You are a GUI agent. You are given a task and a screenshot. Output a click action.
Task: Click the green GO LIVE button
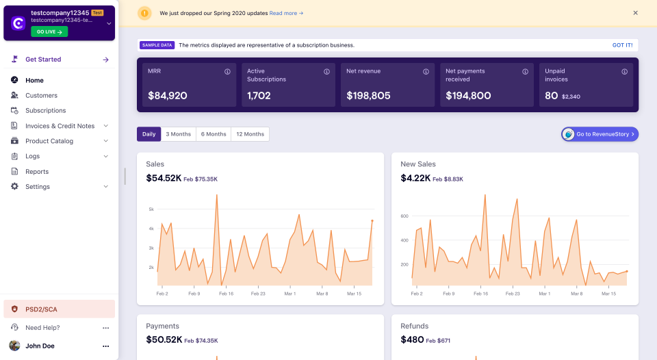(x=49, y=31)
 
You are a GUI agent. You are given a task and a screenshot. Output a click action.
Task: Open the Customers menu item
(x=41, y=95)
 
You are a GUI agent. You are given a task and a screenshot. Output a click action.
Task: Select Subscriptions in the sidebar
(x=45, y=110)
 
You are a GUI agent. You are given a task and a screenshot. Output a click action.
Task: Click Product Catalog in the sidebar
(x=49, y=141)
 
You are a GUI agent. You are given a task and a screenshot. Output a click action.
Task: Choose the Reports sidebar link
(x=37, y=172)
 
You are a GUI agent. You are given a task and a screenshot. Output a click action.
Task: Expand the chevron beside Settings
(x=106, y=187)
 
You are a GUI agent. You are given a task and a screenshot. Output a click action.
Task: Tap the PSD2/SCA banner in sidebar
(x=58, y=309)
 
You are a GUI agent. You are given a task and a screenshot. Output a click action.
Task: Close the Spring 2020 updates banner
(x=635, y=13)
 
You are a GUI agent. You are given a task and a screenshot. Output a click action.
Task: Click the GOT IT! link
(x=622, y=45)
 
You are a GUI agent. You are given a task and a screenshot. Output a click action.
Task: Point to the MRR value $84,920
(x=168, y=96)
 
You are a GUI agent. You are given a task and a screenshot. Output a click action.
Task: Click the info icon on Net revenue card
(x=426, y=71)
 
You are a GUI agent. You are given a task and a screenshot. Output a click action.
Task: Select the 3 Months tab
(x=179, y=134)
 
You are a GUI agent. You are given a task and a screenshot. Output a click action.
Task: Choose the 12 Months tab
(x=250, y=134)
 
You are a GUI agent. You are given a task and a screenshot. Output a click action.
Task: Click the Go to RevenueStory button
(x=600, y=134)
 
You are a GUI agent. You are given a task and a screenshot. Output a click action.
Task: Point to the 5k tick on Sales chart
(x=151, y=209)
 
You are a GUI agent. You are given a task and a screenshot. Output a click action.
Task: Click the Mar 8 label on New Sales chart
(x=576, y=294)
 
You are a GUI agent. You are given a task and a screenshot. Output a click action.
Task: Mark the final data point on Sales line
(x=372, y=220)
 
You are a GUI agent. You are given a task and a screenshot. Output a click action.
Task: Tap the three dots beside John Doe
(x=106, y=346)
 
